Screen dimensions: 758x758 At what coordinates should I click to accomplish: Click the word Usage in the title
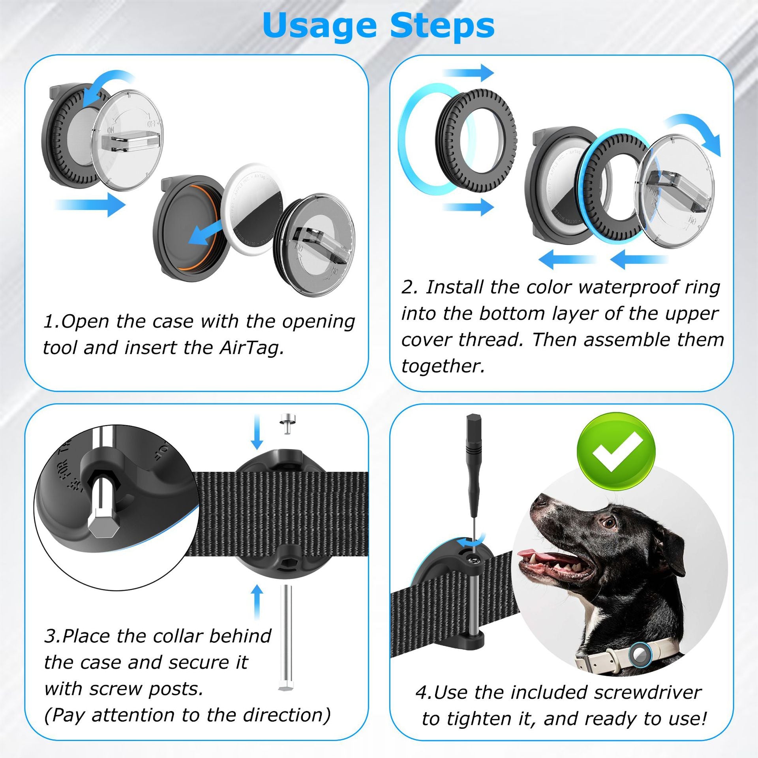319,26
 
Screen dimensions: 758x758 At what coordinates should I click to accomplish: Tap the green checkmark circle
616,452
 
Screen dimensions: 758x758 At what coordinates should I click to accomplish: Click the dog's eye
610,523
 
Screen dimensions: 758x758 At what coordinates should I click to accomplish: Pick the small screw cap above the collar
288,423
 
